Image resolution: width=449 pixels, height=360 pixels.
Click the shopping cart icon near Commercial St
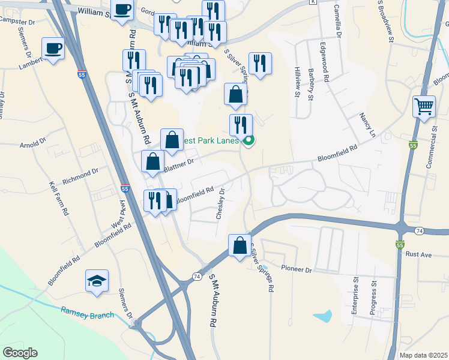tap(424, 106)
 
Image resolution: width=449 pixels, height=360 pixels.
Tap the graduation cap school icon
tap(97, 280)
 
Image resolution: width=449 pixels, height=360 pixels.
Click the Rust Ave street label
tap(419, 254)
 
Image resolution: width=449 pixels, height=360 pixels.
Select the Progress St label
tap(373, 301)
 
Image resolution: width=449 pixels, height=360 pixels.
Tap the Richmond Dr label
tap(79, 175)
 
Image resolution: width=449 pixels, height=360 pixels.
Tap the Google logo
tap(20, 353)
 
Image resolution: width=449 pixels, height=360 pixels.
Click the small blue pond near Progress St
tap(322, 315)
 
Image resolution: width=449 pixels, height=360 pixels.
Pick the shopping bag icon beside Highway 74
tap(240, 245)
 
